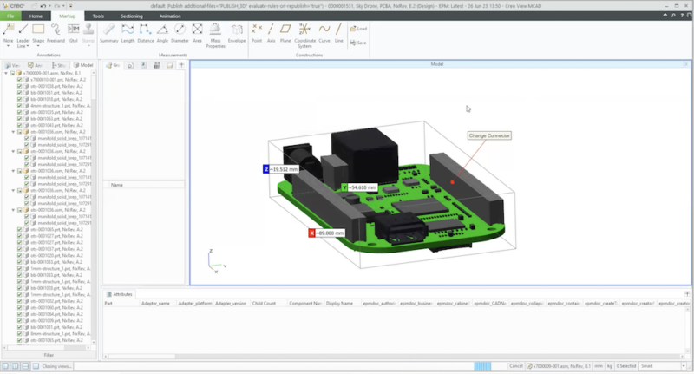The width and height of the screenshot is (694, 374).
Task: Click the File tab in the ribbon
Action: pyautogui.click(x=10, y=16)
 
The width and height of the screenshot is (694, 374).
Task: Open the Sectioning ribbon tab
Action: pyautogui.click(x=132, y=16)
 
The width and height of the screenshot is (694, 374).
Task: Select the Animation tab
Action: pyautogui.click(x=170, y=16)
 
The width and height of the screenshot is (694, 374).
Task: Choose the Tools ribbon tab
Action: pyautogui.click(x=98, y=16)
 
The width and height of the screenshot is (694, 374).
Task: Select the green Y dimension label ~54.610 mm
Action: pyautogui.click(x=360, y=187)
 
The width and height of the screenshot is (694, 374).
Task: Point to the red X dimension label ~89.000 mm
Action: pyautogui.click(x=328, y=233)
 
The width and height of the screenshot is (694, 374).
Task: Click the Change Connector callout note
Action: pyautogui.click(x=488, y=135)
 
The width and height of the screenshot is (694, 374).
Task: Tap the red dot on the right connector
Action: pyautogui.click(x=452, y=182)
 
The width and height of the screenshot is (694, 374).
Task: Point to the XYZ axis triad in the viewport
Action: pyautogui.click(x=214, y=258)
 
